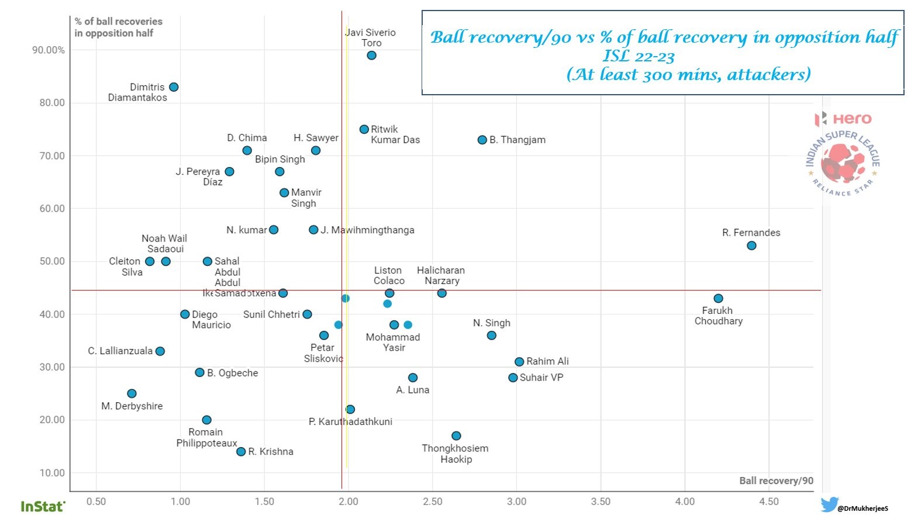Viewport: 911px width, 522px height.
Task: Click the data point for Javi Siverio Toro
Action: pyautogui.click(x=371, y=56)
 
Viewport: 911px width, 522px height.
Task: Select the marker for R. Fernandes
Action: pyautogui.click(x=751, y=246)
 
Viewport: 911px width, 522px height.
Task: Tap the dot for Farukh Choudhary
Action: pyautogui.click(x=718, y=299)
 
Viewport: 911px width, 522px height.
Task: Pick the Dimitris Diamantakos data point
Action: pyautogui.click(x=174, y=87)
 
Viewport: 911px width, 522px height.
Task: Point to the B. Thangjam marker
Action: pyautogui.click(x=482, y=140)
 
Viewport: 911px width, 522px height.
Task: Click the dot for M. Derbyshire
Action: pyautogui.click(x=132, y=394)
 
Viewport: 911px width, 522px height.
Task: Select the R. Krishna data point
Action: pyautogui.click(x=241, y=452)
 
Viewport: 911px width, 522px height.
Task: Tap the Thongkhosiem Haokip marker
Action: pyautogui.click(x=456, y=436)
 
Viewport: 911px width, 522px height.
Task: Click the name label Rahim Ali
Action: pyautogui.click(x=547, y=361)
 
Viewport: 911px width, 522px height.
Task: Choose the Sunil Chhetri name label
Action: pyautogui.click(x=271, y=314)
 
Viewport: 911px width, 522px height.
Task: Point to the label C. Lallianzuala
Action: pyautogui.click(x=120, y=351)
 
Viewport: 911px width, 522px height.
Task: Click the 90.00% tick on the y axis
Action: pyautogui.click(x=49, y=50)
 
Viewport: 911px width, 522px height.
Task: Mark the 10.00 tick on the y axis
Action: pyautogui.click(x=52, y=473)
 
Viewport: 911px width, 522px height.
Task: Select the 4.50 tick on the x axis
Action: pyautogui.click(x=769, y=502)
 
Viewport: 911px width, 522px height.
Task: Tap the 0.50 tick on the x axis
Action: pyautogui.click(x=96, y=502)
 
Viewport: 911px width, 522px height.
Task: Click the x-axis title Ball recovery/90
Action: pyautogui.click(x=776, y=480)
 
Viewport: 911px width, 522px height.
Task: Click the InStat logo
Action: pyautogui.click(x=43, y=506)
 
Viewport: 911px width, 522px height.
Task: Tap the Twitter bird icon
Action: pyautogui.click(x=829, y=504)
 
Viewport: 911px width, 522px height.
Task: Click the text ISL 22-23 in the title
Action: pyautogui.click(x=639, y=57)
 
